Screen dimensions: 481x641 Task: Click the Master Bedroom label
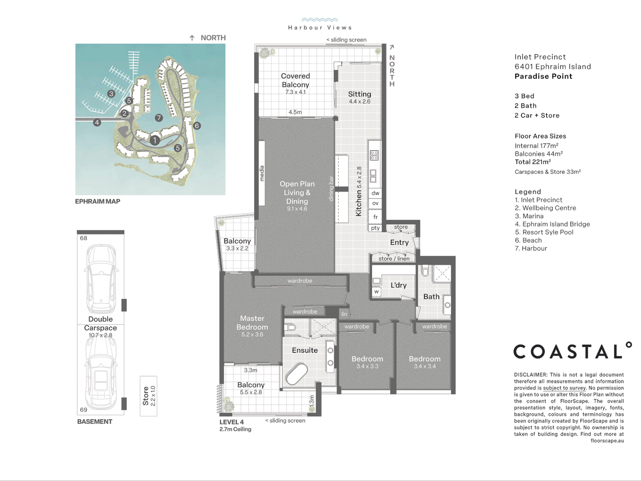(252, 323)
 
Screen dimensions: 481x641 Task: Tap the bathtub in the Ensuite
(296, 374)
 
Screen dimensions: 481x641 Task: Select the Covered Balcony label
(295, 81)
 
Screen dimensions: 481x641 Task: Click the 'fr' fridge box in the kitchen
(375, 217)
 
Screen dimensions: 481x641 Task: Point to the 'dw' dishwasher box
(375, 193)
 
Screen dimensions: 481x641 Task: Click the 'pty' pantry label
(375, 228)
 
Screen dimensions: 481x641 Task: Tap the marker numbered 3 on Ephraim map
(111, 94)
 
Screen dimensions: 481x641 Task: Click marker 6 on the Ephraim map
(197, 126)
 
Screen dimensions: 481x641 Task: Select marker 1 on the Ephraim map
(154, 140)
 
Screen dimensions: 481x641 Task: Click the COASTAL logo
(572, 351)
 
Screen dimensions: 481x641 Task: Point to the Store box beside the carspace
(148, 395)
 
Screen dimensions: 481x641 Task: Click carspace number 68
(84, 238)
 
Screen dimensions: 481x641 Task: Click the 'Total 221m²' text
(532, 162)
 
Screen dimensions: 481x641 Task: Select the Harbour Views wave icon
(320, 20)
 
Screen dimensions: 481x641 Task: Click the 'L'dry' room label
(398, 285)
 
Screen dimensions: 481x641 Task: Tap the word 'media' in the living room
(262, 173)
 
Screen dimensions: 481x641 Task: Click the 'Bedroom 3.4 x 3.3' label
(367, 362)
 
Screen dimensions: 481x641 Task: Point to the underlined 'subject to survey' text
(564, 388)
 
